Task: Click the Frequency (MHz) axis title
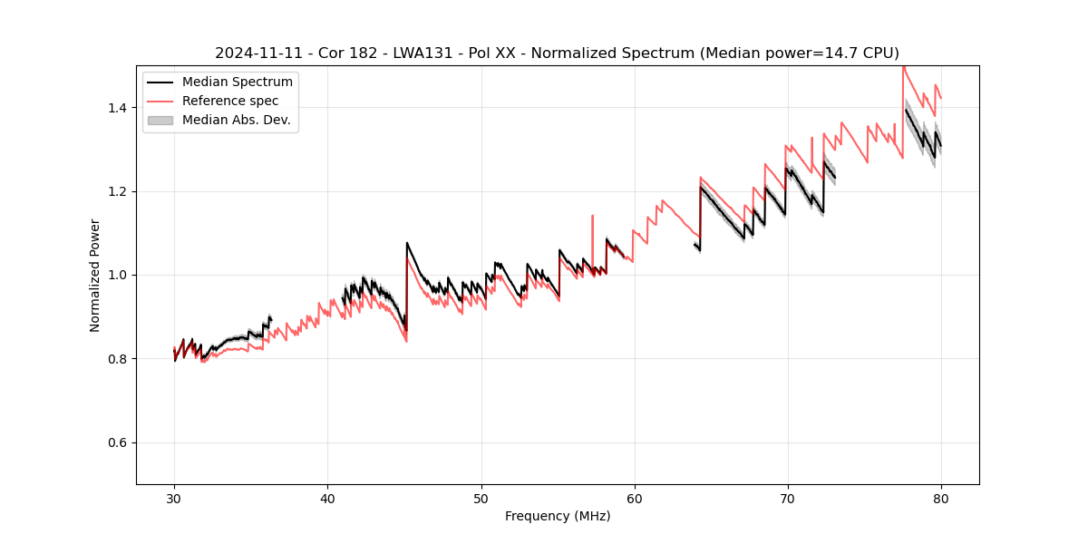[558, 516]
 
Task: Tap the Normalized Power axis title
[95, 275]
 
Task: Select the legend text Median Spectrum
[238, 83]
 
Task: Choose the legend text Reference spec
[230, 101]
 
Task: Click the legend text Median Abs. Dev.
[236, 120]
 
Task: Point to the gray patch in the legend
[160, 120]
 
